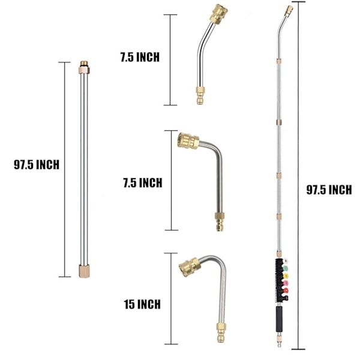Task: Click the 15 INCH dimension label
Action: [142, 304]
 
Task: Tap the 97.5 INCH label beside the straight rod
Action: [37, 164]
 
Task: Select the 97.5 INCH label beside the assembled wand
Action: [329, 190]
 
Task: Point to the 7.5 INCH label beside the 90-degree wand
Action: [143, 183]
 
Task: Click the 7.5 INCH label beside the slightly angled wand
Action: [140, 57]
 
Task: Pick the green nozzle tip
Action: [285, 268]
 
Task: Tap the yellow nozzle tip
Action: [286, 276]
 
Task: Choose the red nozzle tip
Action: [286, 290]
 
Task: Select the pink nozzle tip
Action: [286, 283]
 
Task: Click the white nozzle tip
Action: [285, 261]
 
